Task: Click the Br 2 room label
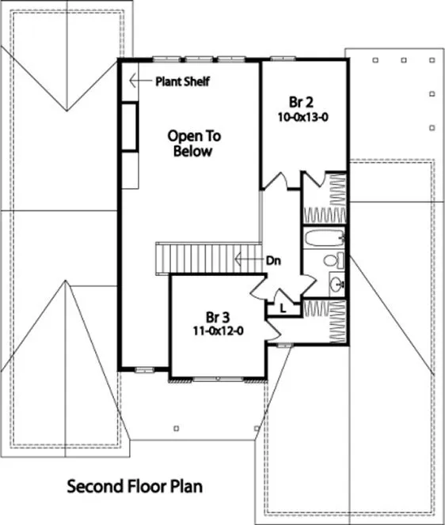tap(302, 102)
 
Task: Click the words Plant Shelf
tap(182, 81)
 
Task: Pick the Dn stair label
tap(274, 259)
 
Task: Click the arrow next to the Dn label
tap(249, 259)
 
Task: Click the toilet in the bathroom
tap(333, 260)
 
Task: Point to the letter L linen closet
tap(283, 308)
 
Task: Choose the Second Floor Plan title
tap(135, 485)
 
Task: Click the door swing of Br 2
tap(275, 181)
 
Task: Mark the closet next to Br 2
tap(325, 198)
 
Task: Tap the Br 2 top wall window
tap(279, 59)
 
